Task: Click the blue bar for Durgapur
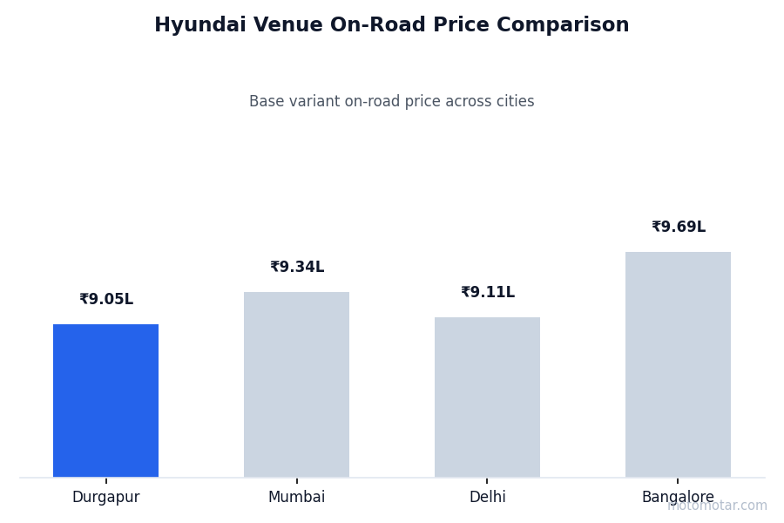tap(105, 400)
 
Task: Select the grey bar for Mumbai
tap(296, 384)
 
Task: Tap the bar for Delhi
tap(487, 397)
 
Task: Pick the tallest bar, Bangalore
tap(678, 364)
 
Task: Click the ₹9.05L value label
tap(106, 300)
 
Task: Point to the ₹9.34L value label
tap(297, 268)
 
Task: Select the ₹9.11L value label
tap(488, 293)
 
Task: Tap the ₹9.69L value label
tap(679, 228)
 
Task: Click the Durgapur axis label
tap(105, 498)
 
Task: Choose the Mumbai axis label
tap(296, 498)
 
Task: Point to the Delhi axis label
tap(487, 498)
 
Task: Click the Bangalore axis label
tap(678, 498)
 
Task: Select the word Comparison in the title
tap(572, 26)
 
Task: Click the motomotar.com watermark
tap(717, 506)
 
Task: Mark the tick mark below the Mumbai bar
tap(296, 480)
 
